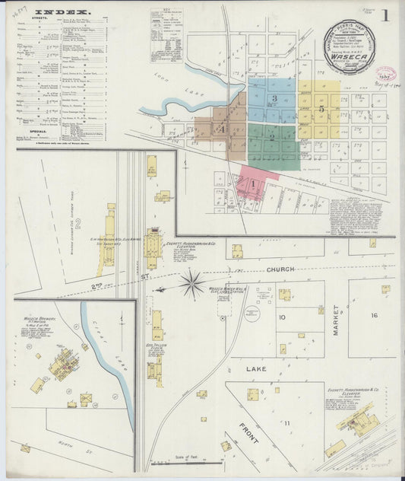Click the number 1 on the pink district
coord(252,183)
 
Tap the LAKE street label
coord(256,368)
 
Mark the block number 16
coord(374,315)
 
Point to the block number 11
coord(287,422)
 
